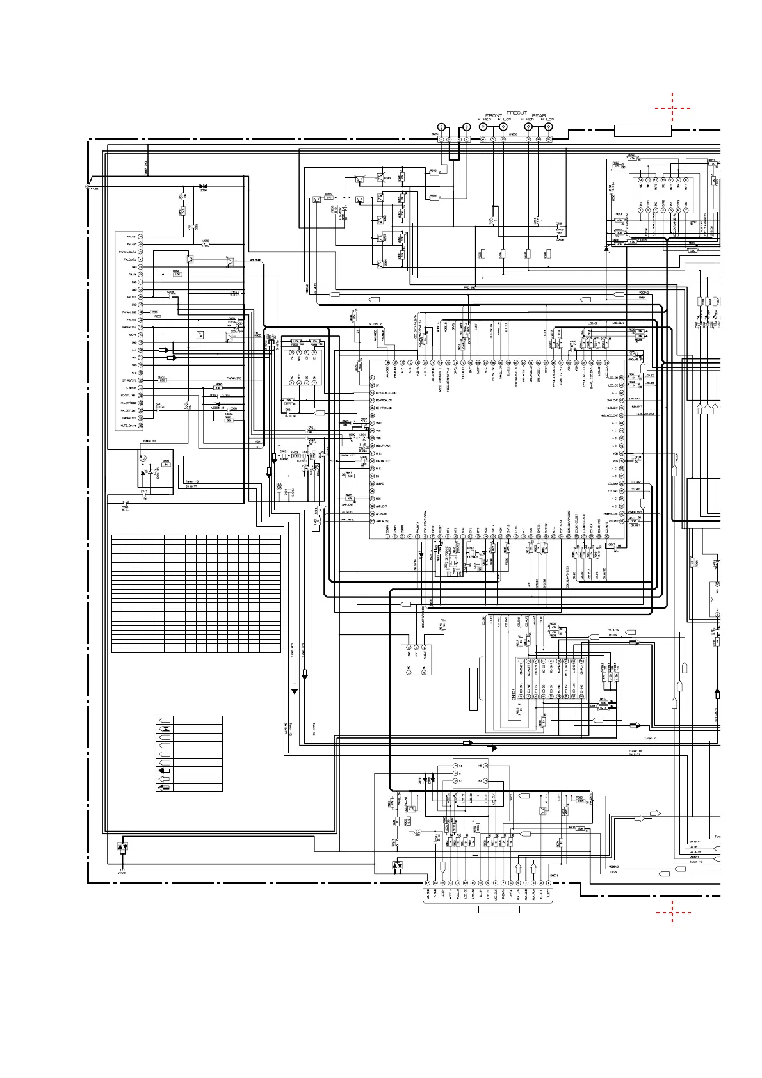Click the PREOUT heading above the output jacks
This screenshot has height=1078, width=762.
pos(517,113)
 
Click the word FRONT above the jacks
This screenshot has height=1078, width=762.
pos(494,115)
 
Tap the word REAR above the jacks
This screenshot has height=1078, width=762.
pos(539,115)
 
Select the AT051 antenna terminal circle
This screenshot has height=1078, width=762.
pos(88,186)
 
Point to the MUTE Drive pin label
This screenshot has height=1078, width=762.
pos(129,426)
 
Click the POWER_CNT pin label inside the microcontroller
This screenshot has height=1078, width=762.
pos(610,513)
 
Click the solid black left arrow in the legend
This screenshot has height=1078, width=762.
pos(165,771)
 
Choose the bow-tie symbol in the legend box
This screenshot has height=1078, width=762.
pos(165,729)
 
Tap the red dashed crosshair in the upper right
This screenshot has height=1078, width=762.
pos(672,108)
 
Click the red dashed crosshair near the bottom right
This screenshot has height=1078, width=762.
pos(672,912)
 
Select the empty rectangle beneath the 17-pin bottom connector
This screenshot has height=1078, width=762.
pos(499,910)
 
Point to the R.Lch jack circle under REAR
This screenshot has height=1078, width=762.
pos(549,126)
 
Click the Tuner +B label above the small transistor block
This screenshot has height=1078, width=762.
pos(149,441)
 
